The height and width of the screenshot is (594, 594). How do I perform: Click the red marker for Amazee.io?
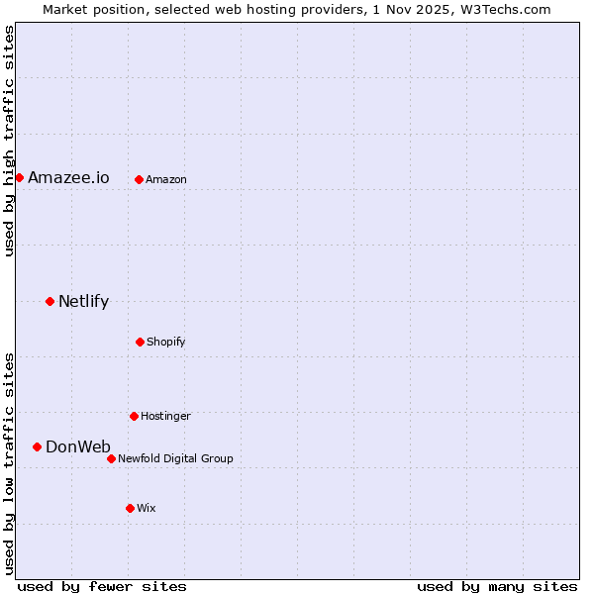[19, 177]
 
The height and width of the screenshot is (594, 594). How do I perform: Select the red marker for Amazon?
[139, 179]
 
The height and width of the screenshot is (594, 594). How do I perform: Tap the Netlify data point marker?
[49, 301]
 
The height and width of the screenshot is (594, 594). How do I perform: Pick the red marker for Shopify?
[140, 342]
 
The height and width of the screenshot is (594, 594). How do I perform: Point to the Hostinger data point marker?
[134, 416]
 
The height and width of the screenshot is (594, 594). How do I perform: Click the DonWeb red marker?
[37, 446]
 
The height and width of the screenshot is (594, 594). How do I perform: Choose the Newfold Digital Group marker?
[111, 458]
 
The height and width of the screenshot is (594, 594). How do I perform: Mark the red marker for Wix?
[130, 508]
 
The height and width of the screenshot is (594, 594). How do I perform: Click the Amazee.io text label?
[68, 178]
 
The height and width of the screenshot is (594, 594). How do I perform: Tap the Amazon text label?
[166, 180]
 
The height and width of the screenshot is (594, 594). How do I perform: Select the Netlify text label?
[83, 302]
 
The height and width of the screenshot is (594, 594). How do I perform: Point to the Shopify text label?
[166, 343]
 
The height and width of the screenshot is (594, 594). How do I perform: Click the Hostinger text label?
[165, 417]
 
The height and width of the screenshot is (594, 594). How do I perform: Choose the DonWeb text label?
[78, 447]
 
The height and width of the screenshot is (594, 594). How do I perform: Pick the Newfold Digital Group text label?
[175, 459]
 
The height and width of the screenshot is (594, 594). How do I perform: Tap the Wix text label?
[147, 509]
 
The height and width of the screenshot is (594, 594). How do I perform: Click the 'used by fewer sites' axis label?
[102, 586]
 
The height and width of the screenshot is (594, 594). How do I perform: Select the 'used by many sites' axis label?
[497, 586]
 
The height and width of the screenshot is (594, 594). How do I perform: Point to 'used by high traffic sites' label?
[9, 141]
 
